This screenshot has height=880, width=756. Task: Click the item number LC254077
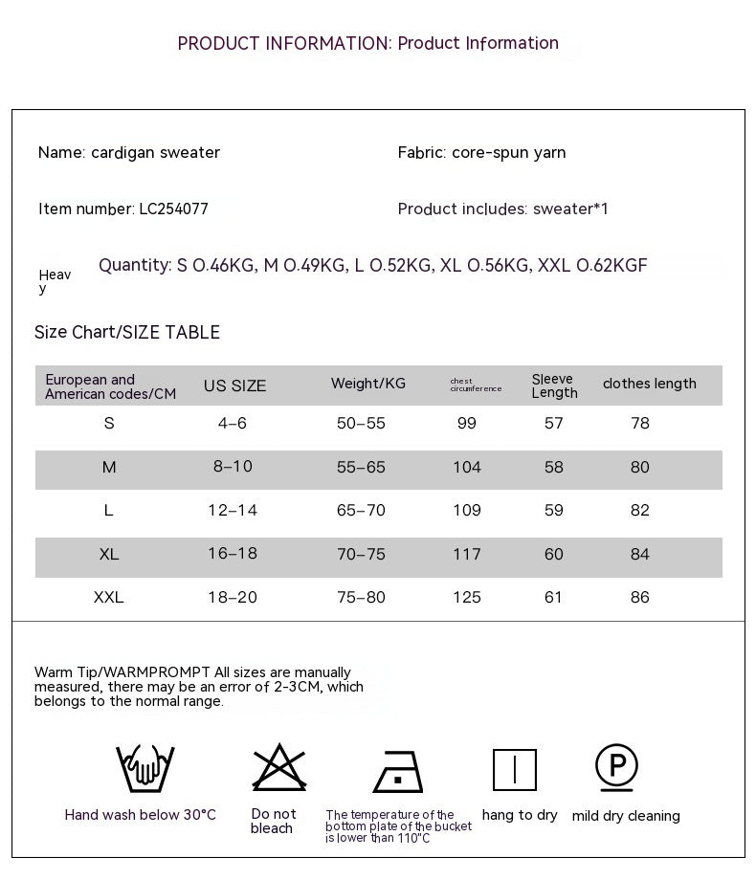173,209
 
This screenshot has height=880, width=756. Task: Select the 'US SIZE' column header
234,386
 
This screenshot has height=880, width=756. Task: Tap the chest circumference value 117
467,554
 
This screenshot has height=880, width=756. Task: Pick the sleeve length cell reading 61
554,597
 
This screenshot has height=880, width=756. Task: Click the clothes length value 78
640,423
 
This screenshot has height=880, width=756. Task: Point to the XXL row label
109,597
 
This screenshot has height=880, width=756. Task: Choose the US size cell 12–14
233,510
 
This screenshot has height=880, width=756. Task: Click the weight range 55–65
361,467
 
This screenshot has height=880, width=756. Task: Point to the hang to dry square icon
515,769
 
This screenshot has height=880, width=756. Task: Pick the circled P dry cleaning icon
617,767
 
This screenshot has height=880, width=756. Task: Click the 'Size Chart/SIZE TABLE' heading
127,332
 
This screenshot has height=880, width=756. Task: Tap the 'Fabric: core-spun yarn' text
481,152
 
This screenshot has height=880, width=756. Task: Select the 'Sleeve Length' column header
555,385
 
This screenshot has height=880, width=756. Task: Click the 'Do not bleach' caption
273,821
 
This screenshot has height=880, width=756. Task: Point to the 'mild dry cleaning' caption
626,816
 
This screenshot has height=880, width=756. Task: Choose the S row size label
109,423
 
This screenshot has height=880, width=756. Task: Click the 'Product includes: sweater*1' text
503,209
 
